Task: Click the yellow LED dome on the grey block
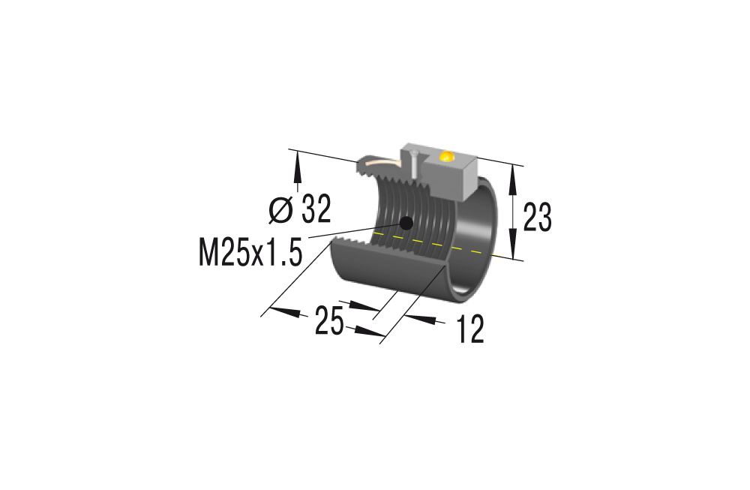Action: pos(447,157)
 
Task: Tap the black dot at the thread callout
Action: pos(406,223)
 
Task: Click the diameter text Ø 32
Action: pos(299,210)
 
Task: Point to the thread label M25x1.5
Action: pos(250,253)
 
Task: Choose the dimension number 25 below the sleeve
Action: pos(328,322)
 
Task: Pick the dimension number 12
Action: pos(470,329)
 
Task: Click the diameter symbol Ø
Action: pos(280,211)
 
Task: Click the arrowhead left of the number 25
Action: pos(285,310)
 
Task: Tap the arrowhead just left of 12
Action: pos(421,318)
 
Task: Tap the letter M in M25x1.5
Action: pos(209,253)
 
